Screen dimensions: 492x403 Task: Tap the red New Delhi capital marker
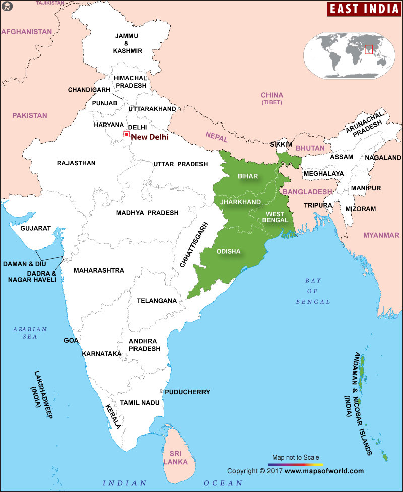click(x=126, y=134)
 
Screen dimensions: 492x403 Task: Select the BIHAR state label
click(x=247, y=176)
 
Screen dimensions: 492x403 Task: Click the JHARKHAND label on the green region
click(x=241, y=202)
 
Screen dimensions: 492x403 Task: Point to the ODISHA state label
click(x=228, y=251)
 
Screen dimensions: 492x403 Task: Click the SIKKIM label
click(x=281, y=144)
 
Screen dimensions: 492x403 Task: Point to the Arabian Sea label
click(x=30, y=333)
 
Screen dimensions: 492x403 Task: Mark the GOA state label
click(x=71, y=341)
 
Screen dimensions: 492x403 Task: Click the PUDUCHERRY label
click(x=187, y=392)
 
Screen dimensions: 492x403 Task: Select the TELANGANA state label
click(x=157, y=301)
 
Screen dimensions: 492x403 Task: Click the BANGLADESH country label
click(x=307, y=192)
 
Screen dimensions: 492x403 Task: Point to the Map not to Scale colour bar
click(x=296, y=464)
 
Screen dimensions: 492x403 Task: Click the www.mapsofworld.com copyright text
click(x=324, y=471)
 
